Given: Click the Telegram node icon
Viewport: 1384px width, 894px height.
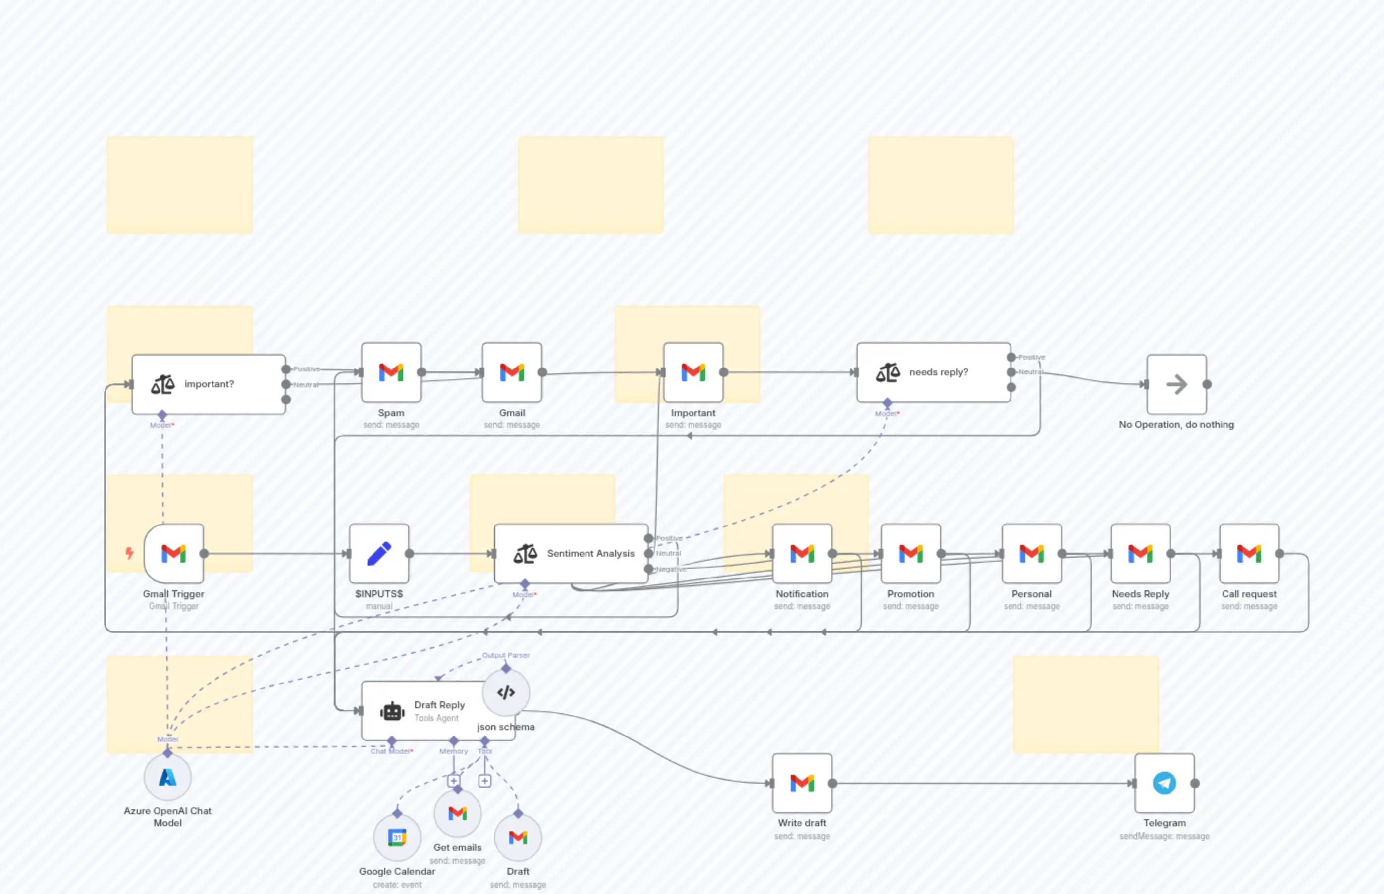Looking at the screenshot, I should click(1164, 783).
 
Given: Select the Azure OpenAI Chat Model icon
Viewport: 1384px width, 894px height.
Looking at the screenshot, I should click(167, 777).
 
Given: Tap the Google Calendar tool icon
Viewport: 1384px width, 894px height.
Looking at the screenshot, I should click(397, 837).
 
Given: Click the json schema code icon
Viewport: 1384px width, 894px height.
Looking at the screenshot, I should click(506, 692).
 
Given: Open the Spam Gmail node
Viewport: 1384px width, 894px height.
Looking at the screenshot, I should click(391, 372).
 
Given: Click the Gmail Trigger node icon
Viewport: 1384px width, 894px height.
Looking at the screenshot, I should click(173, 553).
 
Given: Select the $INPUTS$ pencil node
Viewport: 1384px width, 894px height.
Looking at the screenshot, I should click(378, 553).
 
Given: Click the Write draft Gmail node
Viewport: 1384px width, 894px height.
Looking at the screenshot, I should click(802, 783).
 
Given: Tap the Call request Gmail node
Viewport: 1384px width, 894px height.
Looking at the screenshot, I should click(1249, 553).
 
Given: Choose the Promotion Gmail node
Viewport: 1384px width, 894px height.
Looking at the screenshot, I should click(910, 553).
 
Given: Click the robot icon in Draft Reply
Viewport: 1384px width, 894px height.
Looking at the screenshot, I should click(392, 711).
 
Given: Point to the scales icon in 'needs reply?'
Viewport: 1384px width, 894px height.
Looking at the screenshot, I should click(888, 372).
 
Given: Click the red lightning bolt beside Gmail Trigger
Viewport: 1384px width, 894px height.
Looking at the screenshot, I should click(129, 553).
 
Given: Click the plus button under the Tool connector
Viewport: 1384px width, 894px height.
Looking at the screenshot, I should click(485, 781).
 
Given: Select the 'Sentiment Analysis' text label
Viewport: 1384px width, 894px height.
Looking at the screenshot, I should click(590, 553).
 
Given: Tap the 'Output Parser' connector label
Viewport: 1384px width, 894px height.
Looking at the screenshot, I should click(506, 655).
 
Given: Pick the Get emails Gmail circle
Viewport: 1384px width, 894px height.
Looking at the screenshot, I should click(458, 813).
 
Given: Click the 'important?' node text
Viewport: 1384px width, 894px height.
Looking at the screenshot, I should click(209, 384).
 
